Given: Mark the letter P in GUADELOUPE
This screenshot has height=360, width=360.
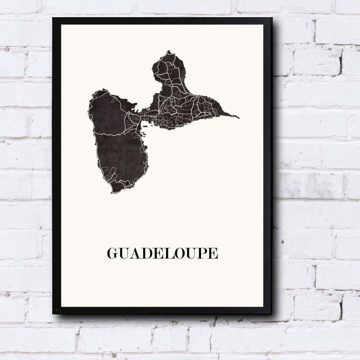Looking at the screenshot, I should tap(200, 253).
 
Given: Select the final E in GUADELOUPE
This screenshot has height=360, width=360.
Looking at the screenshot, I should tap(212, 253).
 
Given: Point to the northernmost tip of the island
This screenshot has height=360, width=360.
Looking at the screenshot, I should tap(169, 51).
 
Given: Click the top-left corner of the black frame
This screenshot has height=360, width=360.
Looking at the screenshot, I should tap(53, 18).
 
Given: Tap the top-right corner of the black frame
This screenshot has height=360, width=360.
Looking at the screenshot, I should tap(272, 18).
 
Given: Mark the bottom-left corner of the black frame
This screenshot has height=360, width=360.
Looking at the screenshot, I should tap(53, 313).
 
